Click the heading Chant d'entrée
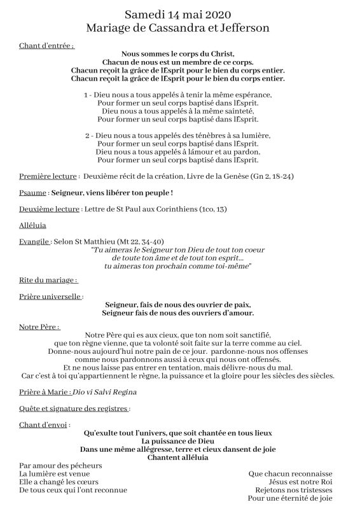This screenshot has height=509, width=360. [x=46, y=46]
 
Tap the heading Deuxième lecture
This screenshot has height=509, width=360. [x=50, y=209]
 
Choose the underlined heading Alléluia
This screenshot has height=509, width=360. [x=33, y=225]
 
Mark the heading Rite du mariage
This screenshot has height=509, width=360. [x=48, y=279]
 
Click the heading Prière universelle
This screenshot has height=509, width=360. [x=51, y=296]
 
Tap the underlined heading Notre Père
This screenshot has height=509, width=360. [x=39, y=326]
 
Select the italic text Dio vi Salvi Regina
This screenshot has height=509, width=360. [x=104, y=391]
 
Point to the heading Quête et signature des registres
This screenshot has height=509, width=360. [x=75, y=408]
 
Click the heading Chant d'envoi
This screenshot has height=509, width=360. [x=45, y=424]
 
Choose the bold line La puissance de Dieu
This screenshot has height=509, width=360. [x=178, y=440]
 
